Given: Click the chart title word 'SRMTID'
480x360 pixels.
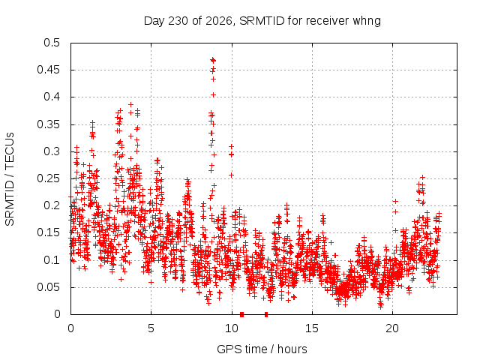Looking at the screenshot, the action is click(262, 21).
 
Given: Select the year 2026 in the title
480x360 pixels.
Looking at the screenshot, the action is click(219, 21).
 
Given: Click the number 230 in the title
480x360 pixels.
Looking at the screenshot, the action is click(178, 21).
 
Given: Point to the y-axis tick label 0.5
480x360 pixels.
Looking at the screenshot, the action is click(52, 43).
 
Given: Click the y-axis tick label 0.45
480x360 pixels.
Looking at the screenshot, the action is click(48, 70).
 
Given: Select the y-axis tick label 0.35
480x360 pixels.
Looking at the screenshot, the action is click(48, 124).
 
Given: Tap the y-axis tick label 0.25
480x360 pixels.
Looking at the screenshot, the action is click(48, 178).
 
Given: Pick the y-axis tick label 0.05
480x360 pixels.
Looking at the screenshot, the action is click(48, 287).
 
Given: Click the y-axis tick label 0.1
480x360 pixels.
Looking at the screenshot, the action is click(52, 260).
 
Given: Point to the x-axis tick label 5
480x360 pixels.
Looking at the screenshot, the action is click(151, 328).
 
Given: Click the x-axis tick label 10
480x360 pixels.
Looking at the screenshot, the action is click(232, 328).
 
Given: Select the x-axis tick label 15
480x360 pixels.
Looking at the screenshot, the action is click(312, 328).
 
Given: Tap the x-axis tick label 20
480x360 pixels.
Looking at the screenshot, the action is click(392, 328).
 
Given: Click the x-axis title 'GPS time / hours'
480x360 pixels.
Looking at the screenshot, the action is click(262, 349).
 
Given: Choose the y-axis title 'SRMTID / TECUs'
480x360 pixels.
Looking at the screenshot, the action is click(10, 179).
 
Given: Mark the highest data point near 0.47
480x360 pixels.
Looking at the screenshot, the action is click(213, 60).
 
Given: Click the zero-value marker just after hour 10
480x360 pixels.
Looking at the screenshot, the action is click(241, 314).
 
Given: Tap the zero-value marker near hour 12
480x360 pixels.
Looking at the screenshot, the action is click(266, 314).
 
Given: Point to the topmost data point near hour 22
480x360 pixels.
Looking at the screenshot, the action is click(423, 177).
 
